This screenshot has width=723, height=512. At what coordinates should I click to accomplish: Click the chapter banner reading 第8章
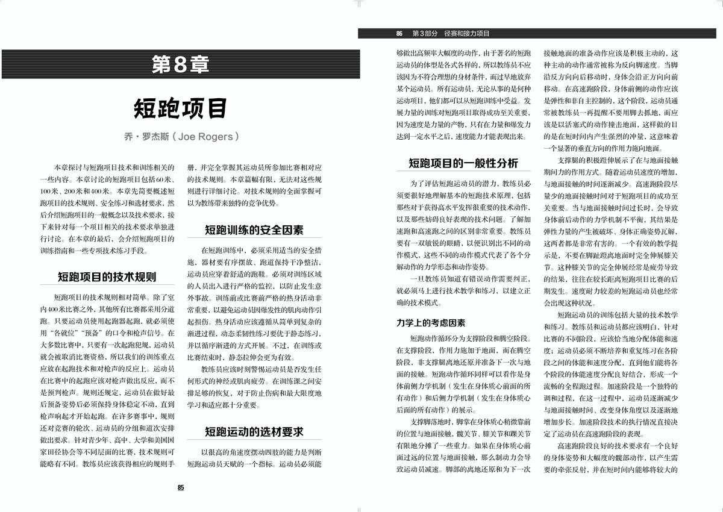(181, 65)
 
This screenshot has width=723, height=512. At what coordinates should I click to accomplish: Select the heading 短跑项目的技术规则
(107, 278)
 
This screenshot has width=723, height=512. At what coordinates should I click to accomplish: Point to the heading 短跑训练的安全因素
(254, 230)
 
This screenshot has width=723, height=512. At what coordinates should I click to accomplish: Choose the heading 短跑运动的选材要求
(254, 432)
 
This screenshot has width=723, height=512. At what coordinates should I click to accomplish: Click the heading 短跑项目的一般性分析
(463, 163)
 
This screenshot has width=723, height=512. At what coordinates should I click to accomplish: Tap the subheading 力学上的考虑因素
(431, 323)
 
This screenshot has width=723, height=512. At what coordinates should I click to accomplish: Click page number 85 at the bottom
(181, 488)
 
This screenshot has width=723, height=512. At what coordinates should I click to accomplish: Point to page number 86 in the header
(399, 34)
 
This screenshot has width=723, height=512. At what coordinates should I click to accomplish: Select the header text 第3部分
(425, 34)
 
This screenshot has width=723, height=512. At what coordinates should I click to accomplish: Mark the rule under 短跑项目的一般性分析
(463, 172)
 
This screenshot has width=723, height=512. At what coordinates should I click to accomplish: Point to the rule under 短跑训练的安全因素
(254, 239)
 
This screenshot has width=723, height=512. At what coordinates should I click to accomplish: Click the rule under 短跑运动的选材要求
(254, 441)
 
